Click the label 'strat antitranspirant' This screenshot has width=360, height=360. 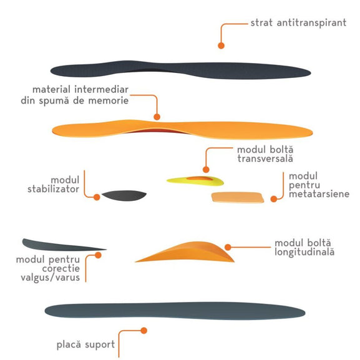coord(298,23)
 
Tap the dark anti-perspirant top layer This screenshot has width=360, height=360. coord(180,70)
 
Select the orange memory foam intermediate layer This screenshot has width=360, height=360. coord(182,129)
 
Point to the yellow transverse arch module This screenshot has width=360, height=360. coord(195,181)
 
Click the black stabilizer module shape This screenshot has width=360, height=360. coord(124,195)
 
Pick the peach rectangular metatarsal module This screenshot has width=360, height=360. coord(238,197)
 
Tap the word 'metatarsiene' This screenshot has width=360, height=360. coord(319,194)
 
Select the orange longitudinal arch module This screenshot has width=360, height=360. coord(185,252)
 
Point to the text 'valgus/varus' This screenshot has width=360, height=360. coord(51,278)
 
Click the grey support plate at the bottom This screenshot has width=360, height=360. coord(175,311)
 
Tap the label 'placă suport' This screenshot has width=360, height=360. coord(85,345)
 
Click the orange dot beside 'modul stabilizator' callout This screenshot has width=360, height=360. coord(97,197)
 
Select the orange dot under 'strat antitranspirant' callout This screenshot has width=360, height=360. coord(221,46)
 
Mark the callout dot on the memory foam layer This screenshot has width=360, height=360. coord(157,117)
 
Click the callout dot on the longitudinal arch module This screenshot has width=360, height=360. coord(228,247)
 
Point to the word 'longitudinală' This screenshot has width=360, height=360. coord(304,252)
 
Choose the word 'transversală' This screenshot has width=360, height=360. coord(265,158)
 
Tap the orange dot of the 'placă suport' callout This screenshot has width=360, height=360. coord(144,331)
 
